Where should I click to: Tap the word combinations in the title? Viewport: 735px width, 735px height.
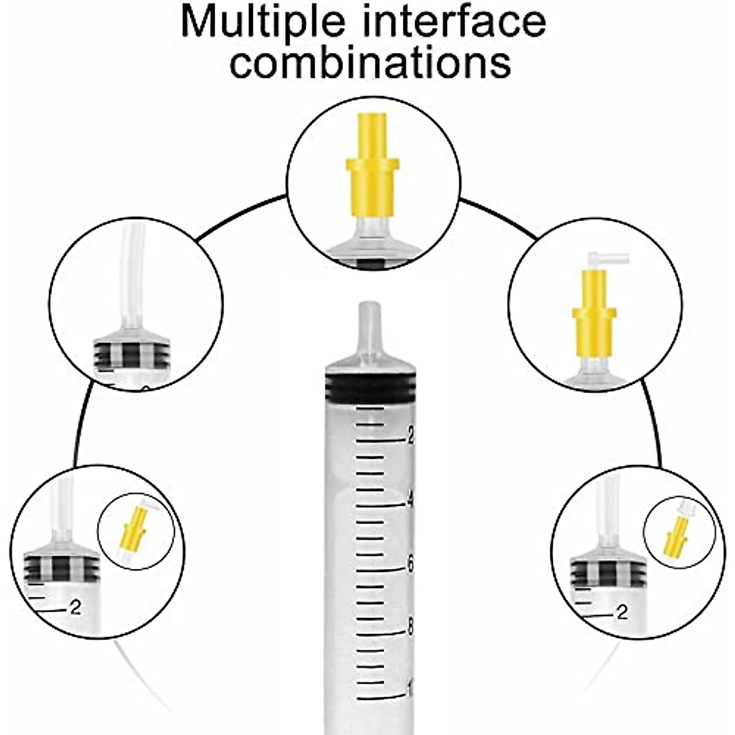pyautogui.click(x=370, y=62)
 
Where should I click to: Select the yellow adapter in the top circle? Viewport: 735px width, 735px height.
pyautogui.click(x=372, y=181)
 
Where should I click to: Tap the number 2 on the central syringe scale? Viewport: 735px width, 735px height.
pyautogui.click(x=411, y=435)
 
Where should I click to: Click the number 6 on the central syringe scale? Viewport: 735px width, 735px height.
pyautogui.click(x=411, y=563)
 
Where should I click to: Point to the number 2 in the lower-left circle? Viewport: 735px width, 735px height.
pyautogui.click(x=75, y=608)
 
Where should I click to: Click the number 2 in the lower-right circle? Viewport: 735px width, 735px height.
pyautogui.click(x=622, y=611)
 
